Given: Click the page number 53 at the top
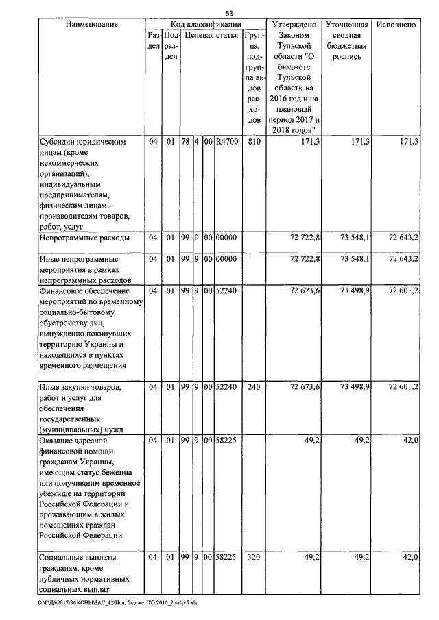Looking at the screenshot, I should click(230, 13).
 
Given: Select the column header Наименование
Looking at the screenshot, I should click(92, 25).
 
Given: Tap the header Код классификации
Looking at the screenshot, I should click(205, 25).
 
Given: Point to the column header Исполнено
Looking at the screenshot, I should click(396, 25).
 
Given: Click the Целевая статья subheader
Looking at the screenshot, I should click(211, 35).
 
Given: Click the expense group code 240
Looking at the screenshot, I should click(254, 388).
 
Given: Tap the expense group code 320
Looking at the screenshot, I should click(254, 558).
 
